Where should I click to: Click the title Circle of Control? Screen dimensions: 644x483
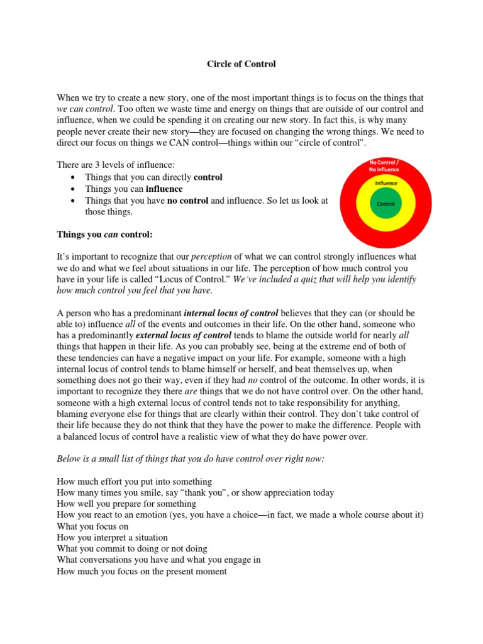pyautogui.click(x=241, y=64)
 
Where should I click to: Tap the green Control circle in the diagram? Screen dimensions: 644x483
pyautogui.click(x=385, y=204)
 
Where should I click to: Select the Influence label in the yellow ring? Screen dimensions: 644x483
pyautogui.click(x=386, y=183)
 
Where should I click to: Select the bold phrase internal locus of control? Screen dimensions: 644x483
pyautogui.click(x=231, y=313)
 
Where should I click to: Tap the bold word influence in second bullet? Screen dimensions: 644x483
pyautogui.click(x=164, y=189)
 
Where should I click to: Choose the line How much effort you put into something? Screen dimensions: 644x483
pyautogui.click(x=134, y=482)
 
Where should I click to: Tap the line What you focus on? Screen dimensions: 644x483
pyautogui.click(x=92, y=526)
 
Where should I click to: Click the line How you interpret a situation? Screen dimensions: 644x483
pyautogui.click(x=112, y=538)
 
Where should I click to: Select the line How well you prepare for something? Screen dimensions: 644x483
pyautogui.click(x=126, y=504)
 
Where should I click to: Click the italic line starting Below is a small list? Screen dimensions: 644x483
pyautogui.click(x=191, y=459)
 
